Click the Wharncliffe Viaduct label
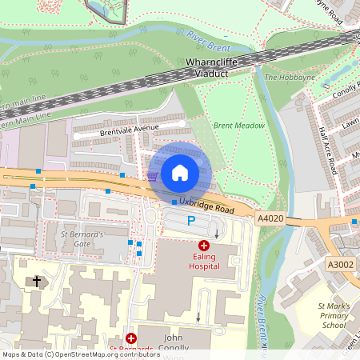(218, 66)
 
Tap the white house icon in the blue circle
(179, 172)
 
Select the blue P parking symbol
(190, 220)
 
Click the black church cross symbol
(35, 281)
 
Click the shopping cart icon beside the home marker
(152, 175)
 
